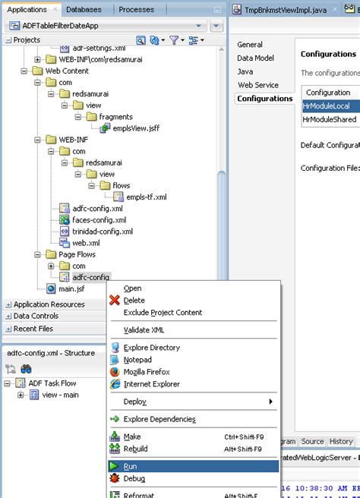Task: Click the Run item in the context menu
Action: click(x=130, y=466)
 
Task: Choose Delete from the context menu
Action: click(x=134, y=300)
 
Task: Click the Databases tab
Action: click(x=84, y=10)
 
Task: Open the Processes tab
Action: click(x=136, y=10)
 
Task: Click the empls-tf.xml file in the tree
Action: click(x=146, y=197)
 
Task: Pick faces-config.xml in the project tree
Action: click(x=99, y=219)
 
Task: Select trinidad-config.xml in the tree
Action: click(x=102, y=231)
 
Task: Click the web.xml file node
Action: click(x=86, y=243)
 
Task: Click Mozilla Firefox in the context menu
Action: click(x=147, y=372)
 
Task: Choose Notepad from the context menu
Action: click(x=137, y=360)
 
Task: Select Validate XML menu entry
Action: click(x=144, y=329)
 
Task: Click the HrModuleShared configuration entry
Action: click(x=330, y=119)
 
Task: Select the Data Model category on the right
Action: click(x=255, y=58)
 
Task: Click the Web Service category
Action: click(x=258, y=85)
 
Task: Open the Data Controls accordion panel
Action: click(x=36, y=316)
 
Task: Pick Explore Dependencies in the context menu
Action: click(x=159, y=419)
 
